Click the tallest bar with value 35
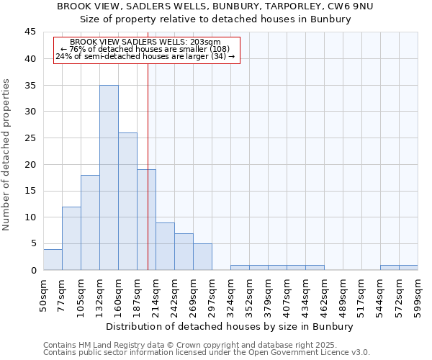(x=109, y=177)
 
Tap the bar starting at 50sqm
(x=53, y=259)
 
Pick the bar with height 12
(x=71, y=238)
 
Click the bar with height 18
(x=90, y=222)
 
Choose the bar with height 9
(x=165, y=246)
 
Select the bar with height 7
(x=184, y=251)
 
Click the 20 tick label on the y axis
(x=30, y=164)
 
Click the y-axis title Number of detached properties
(x=7, y=155)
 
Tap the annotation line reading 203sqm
(x=145, y=42)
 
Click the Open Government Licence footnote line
(x=207, y=353)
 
